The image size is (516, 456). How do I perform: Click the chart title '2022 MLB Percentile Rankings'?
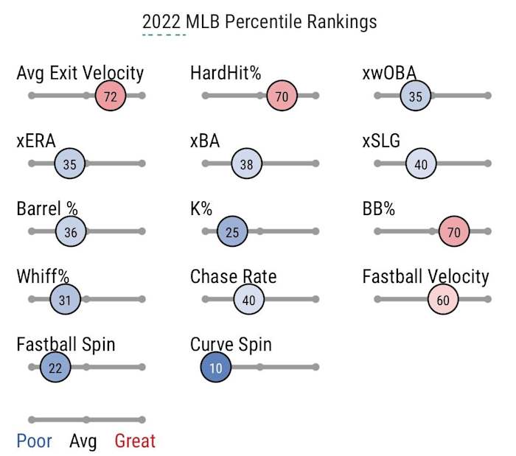click(x=259, y=21)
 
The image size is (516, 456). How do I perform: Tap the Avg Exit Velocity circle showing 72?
click(x=111, y=96)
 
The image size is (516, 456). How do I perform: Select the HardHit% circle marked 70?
click(x=282, y=96)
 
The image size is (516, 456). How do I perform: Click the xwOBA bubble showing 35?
click(x=416, y=96)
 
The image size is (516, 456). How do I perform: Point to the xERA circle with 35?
click(x=70, y=164)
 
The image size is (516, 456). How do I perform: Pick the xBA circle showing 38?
click(x=246, y=164)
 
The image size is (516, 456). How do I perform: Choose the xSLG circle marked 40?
click(x=421, y=164)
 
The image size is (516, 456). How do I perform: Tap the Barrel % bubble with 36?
click(x=71, y=231)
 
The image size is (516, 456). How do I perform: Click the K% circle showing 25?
click(x=232, y=231)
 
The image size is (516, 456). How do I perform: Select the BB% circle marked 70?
click(x=454, y=231)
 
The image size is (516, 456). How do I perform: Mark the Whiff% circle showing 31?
click(x=65, y=299)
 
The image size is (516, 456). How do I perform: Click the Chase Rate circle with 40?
click(x=248, y=299)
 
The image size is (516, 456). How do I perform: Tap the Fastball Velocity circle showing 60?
click(x=443, y=299)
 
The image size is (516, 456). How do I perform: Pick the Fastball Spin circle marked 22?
click(x=55, y=367)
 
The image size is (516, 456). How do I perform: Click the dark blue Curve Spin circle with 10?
click(x=216, y=367)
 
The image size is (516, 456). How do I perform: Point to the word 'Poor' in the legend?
click(x=34, y=441)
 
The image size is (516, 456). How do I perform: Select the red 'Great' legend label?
click(x=135, y=441)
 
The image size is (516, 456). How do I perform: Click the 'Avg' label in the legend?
click(x=83, y=441)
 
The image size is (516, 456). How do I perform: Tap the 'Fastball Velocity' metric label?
click(x=425, y=277)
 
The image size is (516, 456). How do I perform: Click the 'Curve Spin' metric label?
click(x=231, y=345)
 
